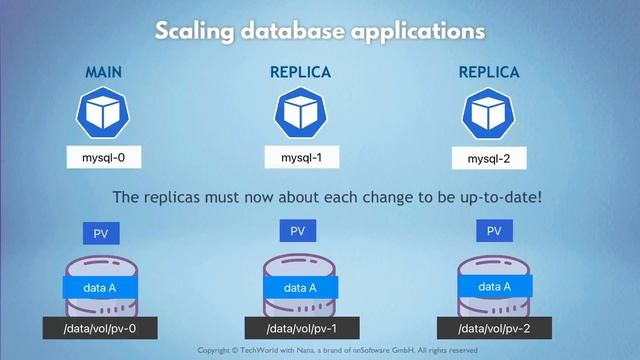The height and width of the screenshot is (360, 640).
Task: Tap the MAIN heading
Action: coord(104,73)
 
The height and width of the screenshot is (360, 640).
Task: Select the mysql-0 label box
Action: coord(104,157)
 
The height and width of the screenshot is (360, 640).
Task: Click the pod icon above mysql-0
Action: coord(104,113)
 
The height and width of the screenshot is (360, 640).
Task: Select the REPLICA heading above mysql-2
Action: coord(489,73)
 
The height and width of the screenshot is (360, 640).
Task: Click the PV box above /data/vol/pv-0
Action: coord(102,233)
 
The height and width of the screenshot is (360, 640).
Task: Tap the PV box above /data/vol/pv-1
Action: coord(297,231)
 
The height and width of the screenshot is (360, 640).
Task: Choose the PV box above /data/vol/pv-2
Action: coord(493,231)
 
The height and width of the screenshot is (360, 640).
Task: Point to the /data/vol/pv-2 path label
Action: coord(495,329)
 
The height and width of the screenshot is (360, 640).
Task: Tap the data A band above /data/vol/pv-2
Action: coord(495,286)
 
